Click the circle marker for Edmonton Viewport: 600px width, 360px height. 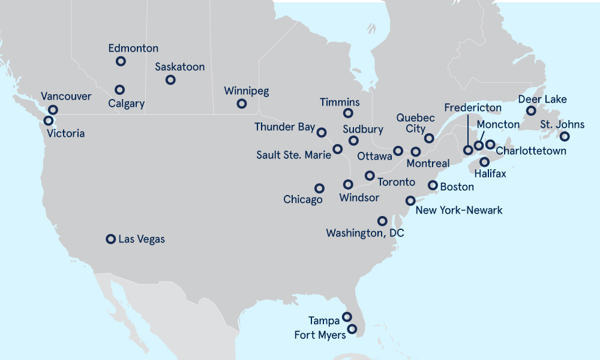[121, 61]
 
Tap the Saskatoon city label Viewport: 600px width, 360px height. [179, 67]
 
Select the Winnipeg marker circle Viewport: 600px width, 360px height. [241, 104]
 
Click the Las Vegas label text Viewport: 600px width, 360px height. [142, 239]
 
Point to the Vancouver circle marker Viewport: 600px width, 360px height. [53, 110]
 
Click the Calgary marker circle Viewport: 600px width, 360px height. [120, 89]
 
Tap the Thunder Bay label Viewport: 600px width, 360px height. [284, 127]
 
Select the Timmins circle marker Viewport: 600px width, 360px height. [348, 113]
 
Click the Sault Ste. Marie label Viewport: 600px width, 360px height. [293, 155]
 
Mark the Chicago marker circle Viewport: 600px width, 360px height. [319, 188]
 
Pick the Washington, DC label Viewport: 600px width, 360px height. [365, 233]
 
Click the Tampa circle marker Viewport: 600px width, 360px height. [347, 317]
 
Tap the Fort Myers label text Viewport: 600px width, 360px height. [320, 335]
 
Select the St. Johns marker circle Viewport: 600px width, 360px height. [564, 137]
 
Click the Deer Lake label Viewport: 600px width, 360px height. [542, 99]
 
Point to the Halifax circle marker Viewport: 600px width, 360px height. [484, 162]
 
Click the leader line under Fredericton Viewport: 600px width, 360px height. [467, 129]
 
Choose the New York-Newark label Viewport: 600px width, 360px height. [459, 210]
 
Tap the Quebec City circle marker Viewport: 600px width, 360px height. [428, 138]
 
